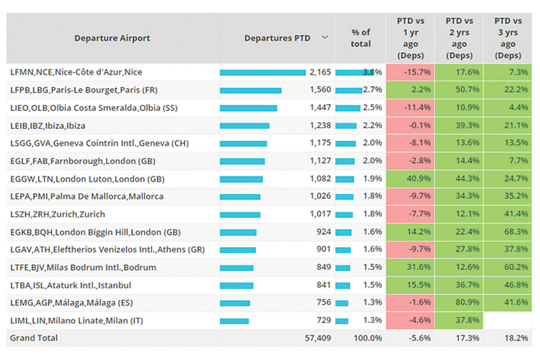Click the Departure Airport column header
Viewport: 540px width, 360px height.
coord(112,38)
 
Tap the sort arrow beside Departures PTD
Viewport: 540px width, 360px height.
coord(325,38)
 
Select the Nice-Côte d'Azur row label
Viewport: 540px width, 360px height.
coord(77,73)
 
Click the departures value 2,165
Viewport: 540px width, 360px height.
coord(320,73)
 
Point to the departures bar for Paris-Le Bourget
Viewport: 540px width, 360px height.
coord(250,90)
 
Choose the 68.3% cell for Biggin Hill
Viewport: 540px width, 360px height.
coord(508,232)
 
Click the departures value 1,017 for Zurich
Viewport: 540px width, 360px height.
coord(320,214)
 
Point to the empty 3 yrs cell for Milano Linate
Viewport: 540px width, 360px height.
coord(508,320)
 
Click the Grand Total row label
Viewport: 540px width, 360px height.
coord(34,338)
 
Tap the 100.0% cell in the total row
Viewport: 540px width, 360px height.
coord(368,338)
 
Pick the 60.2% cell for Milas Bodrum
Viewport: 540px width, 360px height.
coord(508,267)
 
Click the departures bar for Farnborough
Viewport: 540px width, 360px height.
coord(242,161)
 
